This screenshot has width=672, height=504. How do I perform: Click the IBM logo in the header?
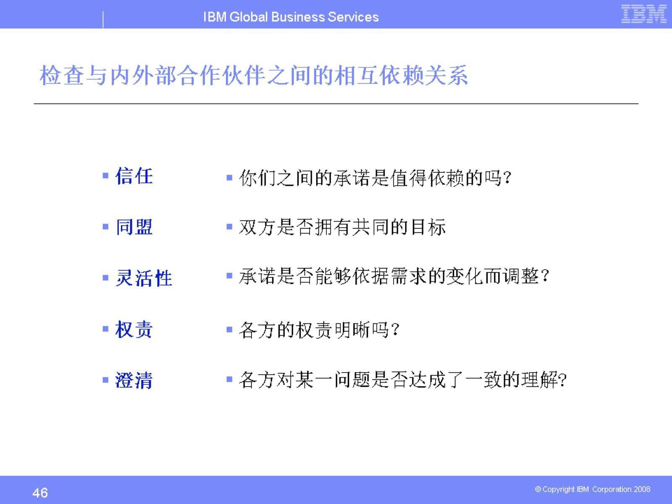[x=643, y=14]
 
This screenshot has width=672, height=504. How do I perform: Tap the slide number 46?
[x=40, y=492]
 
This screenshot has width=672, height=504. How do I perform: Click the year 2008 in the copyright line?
[x=642, y=489]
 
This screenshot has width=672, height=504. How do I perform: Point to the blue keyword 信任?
[x=134, y=176]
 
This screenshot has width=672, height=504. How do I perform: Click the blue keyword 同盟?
[x=134, y=227]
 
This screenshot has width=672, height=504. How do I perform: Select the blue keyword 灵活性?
[x=144, y=278]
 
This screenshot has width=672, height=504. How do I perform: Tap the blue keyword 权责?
[x=134, y=329]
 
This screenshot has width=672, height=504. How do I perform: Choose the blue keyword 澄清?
[x=134, y=381]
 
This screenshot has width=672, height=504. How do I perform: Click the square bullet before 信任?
[x=105, y=176]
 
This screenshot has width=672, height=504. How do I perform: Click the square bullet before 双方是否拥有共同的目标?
[x=229, y=227]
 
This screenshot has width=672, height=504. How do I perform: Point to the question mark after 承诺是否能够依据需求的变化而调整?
[x=545, y=277]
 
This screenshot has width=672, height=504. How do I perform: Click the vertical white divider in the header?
[x=103, y=19]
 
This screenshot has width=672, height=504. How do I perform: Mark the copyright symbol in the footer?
[x=538, y=489]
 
